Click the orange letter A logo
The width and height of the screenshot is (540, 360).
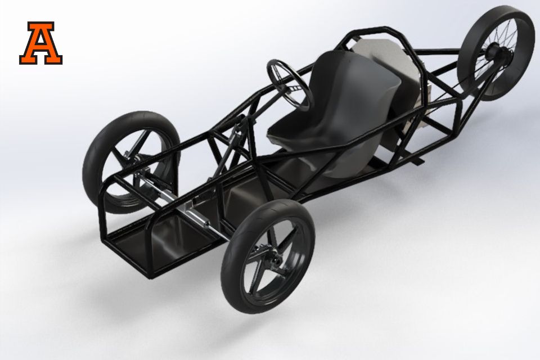(x=40, y=43)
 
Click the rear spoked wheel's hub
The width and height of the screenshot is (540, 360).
(x=496, y=54)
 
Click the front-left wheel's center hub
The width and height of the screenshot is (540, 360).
(x=138, y=159)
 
